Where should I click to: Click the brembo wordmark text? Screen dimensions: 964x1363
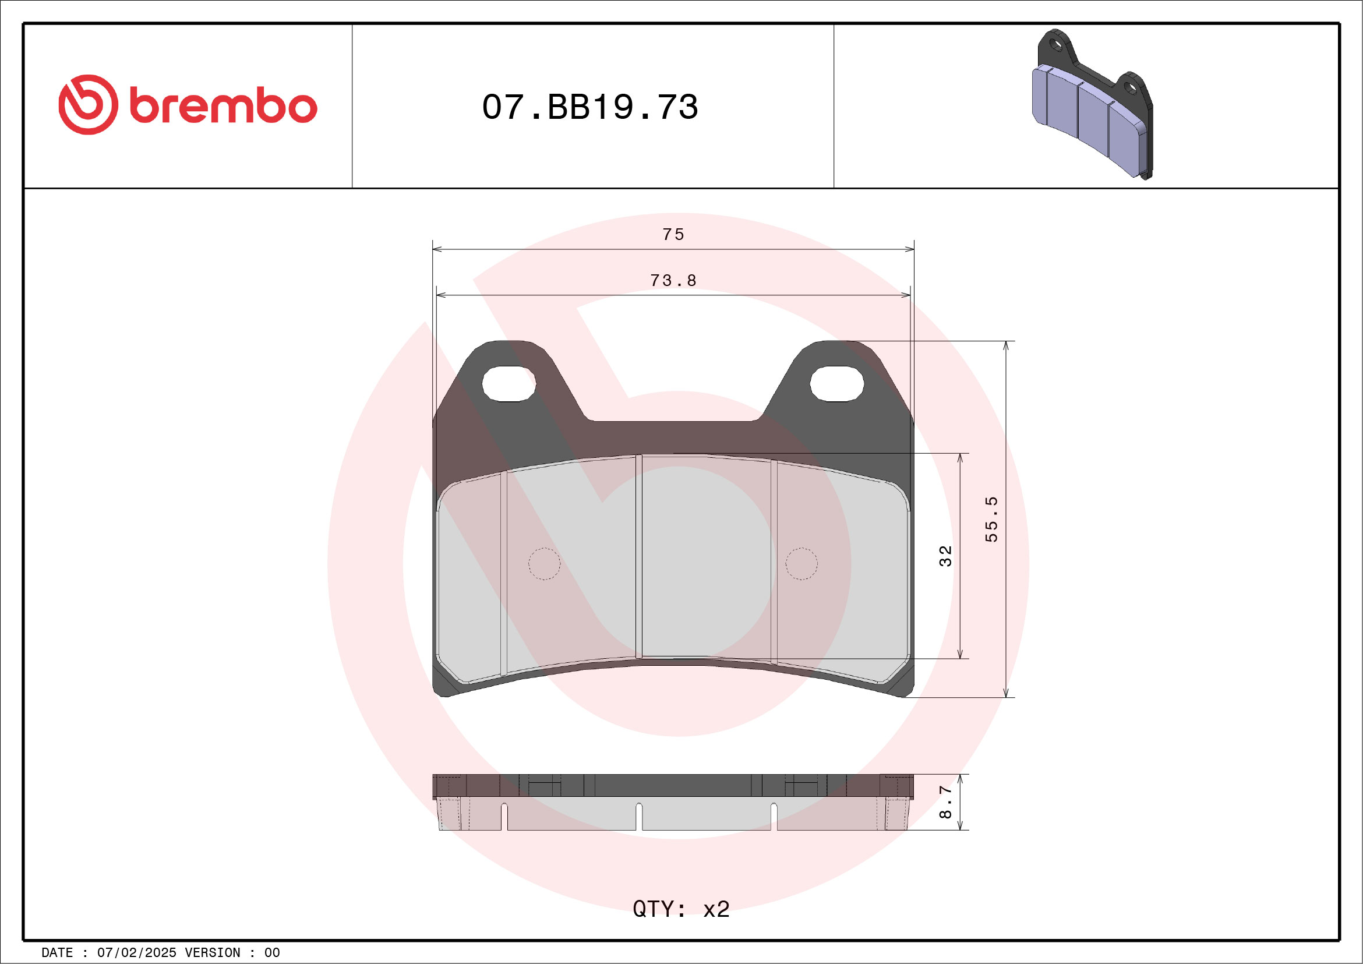[x=223, y=107]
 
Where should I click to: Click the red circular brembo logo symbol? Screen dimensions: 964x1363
[x=88, y=104]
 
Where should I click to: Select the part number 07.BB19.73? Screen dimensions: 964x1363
[x=589, y=107]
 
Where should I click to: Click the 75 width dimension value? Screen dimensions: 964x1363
[x=673, y=235]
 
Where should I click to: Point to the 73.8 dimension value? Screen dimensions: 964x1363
[x=673, y=280]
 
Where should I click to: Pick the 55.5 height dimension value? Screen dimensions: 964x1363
[x=991, y=520]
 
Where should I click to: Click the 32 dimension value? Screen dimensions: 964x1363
[x=945, y=556]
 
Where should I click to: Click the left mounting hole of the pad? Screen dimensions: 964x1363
[x=509, y=383]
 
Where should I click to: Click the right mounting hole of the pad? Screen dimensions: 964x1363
[x=836, y=383]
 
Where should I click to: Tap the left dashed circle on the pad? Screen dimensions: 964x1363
[x=544, y=563]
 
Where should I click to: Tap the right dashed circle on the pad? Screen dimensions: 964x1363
[x=801, y=563]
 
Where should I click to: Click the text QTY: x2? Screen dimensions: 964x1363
[x=680, y=909]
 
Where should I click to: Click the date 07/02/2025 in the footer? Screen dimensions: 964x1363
[x=136, y=953]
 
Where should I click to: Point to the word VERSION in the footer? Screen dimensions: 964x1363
[x=212, y=953]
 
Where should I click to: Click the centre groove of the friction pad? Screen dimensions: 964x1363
[x=639, y=556]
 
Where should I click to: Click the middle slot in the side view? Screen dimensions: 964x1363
[x=639, y=817]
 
